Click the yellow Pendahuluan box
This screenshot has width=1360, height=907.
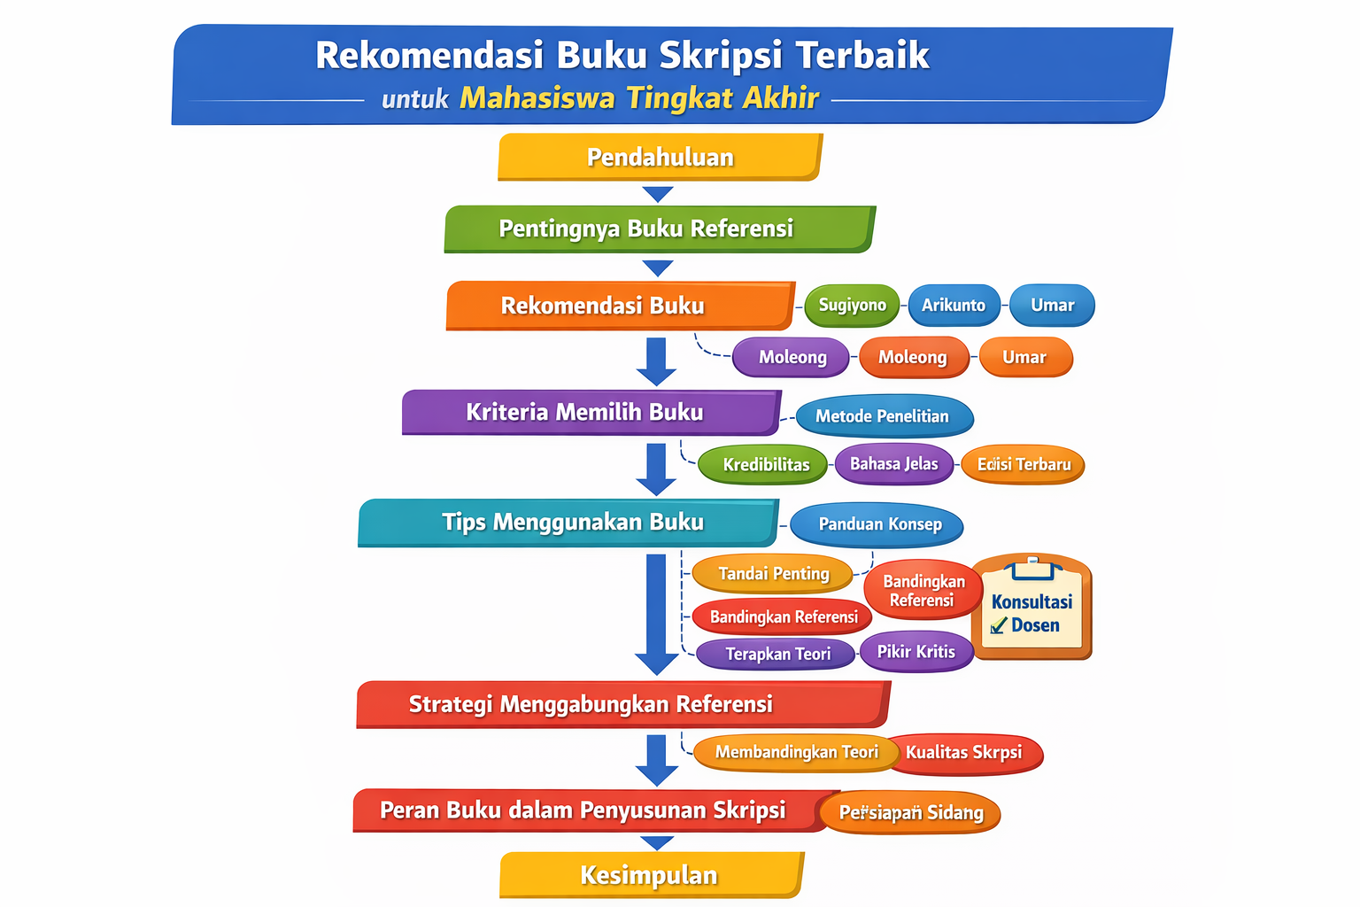660,158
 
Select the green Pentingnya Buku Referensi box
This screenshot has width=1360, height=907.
659,229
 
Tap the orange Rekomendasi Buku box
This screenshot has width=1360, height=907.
619,306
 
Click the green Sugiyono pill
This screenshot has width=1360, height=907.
852,306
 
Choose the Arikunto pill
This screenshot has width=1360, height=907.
954,306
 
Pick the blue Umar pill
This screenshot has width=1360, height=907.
1052,306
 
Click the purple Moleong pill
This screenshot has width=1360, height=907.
792,357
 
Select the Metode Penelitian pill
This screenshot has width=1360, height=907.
883,416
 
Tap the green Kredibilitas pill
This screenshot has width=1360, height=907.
765,465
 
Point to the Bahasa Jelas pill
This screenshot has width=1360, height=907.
894,464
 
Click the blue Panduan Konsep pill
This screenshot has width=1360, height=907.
877,524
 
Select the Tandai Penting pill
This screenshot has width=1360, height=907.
772,574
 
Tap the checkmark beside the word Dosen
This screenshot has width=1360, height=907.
999,625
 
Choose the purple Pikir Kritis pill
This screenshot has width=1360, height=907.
916,652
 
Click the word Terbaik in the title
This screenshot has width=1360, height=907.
862,55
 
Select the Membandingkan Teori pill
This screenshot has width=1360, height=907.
796,753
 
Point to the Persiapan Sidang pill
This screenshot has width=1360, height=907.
911,813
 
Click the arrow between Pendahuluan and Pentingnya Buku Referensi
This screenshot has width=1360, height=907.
658,194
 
